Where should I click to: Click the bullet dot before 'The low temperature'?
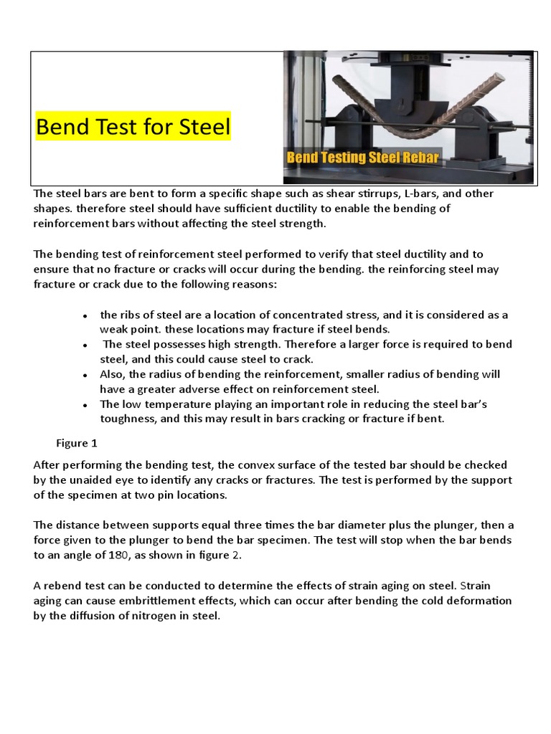[x=85, y=405]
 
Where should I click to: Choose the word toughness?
[x=126, y=419]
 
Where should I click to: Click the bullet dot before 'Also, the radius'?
[x=85, y=375]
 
